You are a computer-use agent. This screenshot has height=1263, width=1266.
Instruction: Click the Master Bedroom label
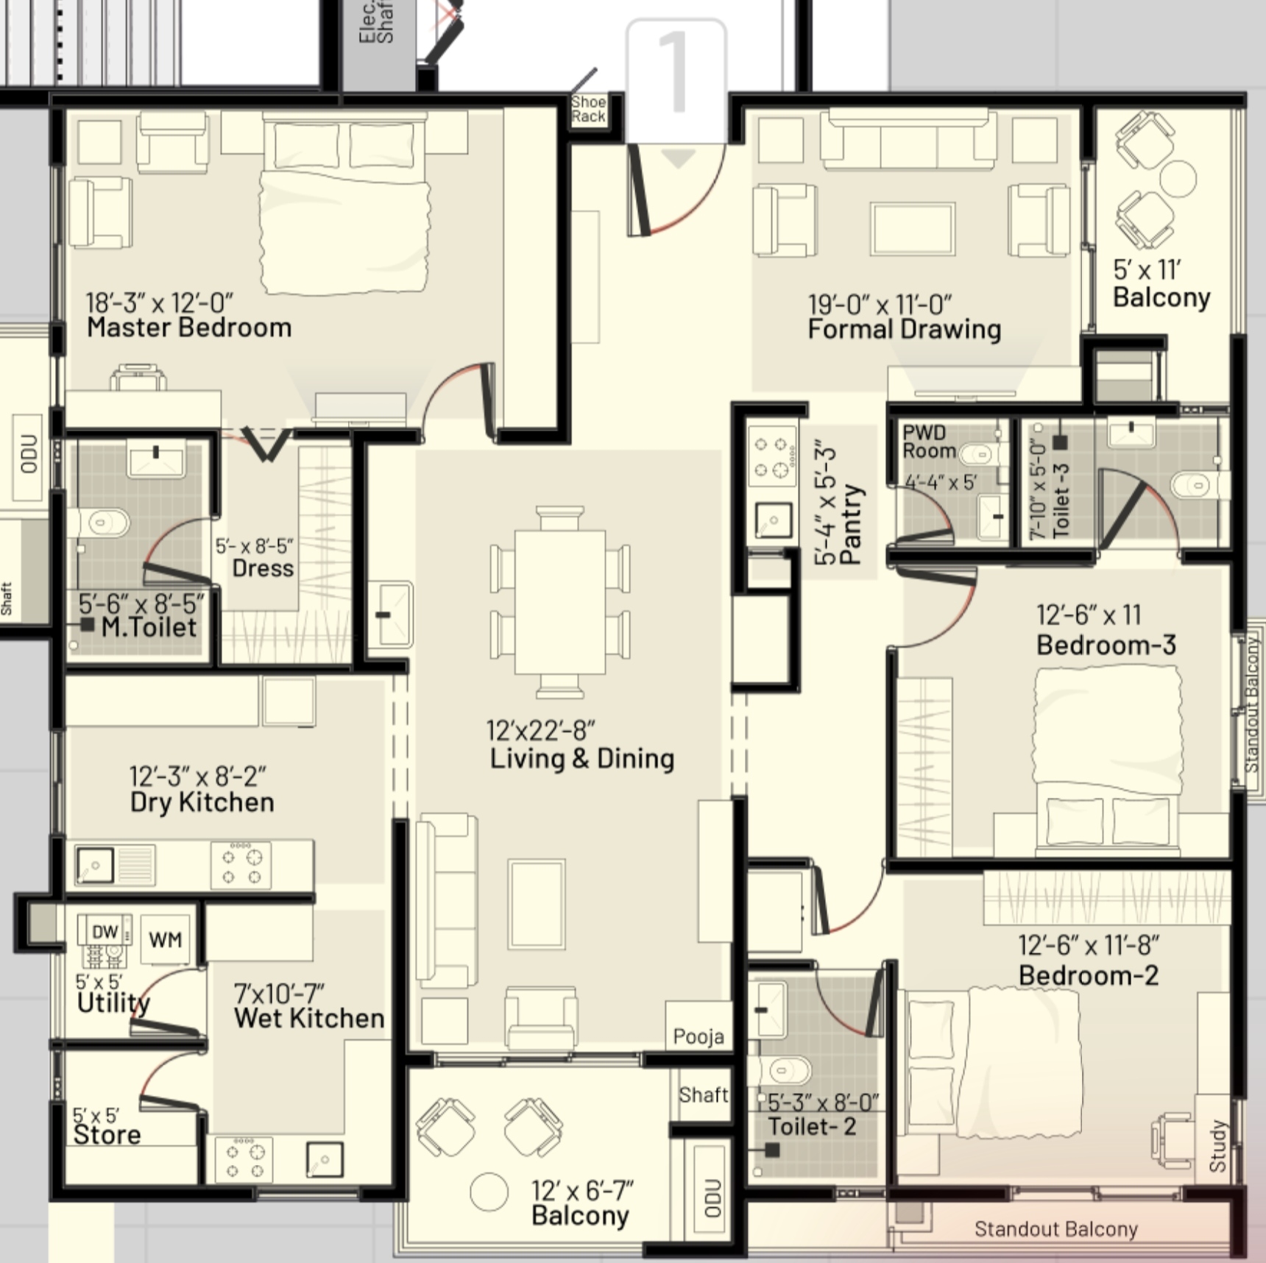pos(189,328)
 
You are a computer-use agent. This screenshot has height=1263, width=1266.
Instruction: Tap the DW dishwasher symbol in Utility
pos(105,931)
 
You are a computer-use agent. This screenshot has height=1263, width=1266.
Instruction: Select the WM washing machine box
pos(165,940)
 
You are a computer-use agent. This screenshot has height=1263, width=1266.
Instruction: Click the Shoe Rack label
pos(589,109)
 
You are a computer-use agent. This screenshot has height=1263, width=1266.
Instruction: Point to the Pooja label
pos(699,1037)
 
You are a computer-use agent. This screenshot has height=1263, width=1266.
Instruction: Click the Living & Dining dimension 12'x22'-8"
pos(541,731)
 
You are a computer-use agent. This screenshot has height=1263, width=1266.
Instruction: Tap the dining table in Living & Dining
pos(560,601)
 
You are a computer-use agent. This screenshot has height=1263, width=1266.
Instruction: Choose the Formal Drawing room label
pos(905,329)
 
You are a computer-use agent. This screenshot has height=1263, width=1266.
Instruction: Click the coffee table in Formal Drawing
pos(913,229)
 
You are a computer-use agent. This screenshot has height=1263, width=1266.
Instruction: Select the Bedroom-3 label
pos(1106,645)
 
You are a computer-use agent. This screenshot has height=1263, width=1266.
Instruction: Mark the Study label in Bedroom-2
pos(1218,1146)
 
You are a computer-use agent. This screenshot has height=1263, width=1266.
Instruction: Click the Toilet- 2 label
pos(812,1127)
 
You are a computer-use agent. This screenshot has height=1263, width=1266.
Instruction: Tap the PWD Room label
pos(929,442)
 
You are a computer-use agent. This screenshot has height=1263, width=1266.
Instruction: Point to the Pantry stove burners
pos(772,456)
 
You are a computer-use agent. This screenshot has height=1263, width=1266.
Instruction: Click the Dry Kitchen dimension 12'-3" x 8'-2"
pos(198,776)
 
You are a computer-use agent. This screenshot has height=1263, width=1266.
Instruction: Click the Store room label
pos(107,1135)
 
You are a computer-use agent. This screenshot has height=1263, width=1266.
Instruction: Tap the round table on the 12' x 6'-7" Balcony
pos(489,1192)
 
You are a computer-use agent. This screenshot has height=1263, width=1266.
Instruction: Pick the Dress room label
pos(263,568)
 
